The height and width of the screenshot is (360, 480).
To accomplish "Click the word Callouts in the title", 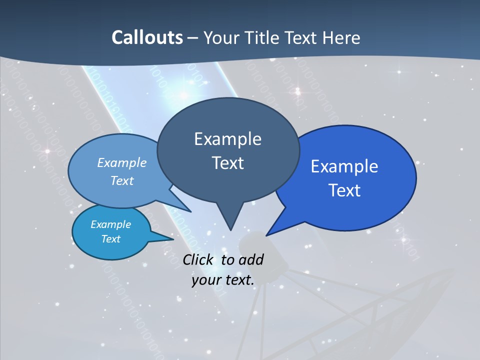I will click(x=147, y=37).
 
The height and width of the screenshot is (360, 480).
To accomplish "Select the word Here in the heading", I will click(x=341, y=37).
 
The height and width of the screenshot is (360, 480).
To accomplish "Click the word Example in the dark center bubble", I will click(x=227, y=139).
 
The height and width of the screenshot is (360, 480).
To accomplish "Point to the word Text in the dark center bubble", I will click(x=227, y=163).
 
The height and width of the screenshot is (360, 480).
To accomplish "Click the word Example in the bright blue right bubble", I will click(x=344, y=166).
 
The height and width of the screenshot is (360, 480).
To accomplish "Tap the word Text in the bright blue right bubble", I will click(x=344, y=190).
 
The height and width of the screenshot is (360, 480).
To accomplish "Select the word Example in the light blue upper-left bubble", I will click(x=122, y=162).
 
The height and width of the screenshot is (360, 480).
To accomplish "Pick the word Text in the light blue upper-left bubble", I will click(x=122, y=180).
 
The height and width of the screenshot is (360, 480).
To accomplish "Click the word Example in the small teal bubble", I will click(x=110, y=224).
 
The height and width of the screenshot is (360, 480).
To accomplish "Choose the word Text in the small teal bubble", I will click(x=110, y=239).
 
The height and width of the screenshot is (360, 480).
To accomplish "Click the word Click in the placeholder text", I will click(x=199, y=259).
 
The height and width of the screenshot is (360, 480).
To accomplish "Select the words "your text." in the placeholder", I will click(x=223, y=280).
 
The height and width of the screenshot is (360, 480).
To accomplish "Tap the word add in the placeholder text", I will click(x=250, y=259).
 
